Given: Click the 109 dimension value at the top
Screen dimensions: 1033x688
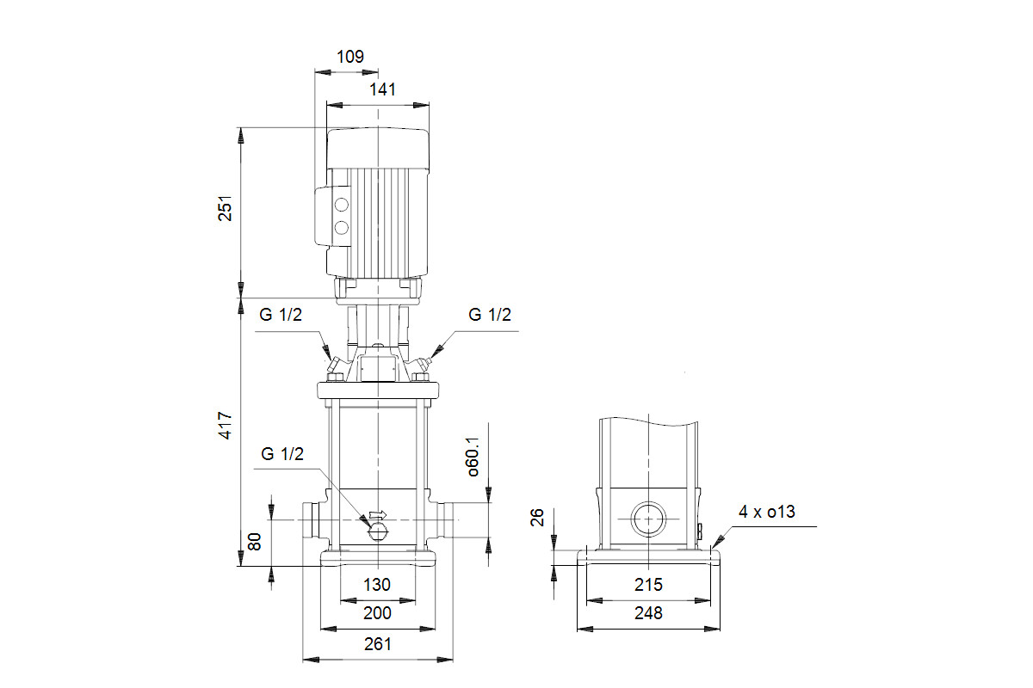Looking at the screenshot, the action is point(350,57).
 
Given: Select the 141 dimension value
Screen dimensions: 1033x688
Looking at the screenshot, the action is point(382,89).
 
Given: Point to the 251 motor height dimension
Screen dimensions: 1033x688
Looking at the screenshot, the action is point(225,208).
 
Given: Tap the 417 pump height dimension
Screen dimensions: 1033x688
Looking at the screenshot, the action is point(225,426).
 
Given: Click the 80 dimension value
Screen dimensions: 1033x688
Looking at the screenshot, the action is point(255,542).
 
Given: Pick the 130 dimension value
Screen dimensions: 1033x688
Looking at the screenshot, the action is point(377,585).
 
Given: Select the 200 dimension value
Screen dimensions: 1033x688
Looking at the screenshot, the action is point(377,613).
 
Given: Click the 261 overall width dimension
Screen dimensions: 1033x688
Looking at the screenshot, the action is point(378,644).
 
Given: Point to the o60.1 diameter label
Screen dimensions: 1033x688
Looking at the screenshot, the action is point(473,456).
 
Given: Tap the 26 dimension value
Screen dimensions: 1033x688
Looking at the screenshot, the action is point(537,518).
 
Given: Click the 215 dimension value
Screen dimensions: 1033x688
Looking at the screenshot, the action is point(648,585).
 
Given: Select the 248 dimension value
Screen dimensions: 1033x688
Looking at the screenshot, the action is point(648,613).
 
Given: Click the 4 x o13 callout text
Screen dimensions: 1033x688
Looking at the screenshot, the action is point(767,512).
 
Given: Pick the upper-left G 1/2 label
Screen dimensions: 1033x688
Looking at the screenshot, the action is point(281,315).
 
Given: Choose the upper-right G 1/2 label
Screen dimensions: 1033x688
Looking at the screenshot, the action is point(490,315).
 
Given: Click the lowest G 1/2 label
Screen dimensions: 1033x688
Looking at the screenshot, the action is point(282,454).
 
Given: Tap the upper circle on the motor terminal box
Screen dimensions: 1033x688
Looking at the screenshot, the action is point(341,205).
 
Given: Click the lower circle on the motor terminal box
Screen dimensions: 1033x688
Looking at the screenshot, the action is point(341,228).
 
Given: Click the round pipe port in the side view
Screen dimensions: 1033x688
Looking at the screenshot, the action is point(648,519).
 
